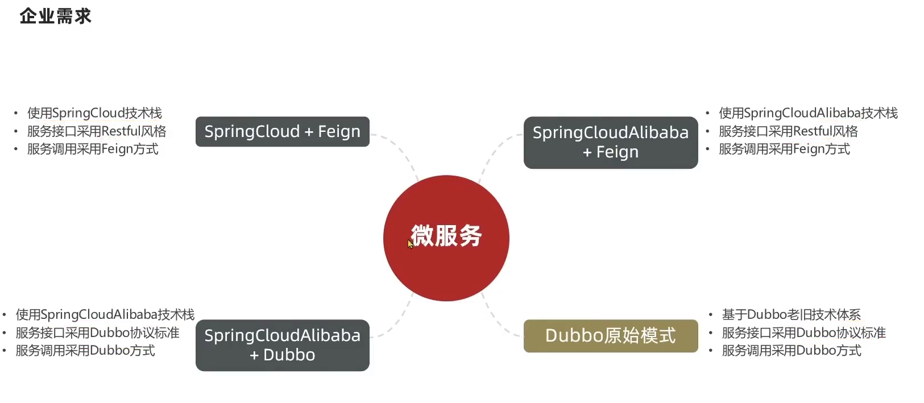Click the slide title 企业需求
[55, 16]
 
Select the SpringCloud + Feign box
[282, 131]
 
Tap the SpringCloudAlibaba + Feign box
[610, 142]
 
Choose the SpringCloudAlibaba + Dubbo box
[282, 345]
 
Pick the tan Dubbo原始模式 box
[610, 336]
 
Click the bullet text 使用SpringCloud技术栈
[94, 113]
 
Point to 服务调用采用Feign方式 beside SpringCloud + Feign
[93, 149]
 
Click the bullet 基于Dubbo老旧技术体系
[791, 314]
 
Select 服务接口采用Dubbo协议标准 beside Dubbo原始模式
[803, 333]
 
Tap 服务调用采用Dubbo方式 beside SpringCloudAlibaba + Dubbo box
[85, 351]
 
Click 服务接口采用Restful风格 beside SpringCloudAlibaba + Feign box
[788, 131]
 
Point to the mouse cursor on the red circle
[410, 244]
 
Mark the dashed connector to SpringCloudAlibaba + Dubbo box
[398, 324]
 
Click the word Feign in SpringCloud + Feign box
[339, 131]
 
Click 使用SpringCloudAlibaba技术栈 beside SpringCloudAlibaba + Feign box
[808, 113]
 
